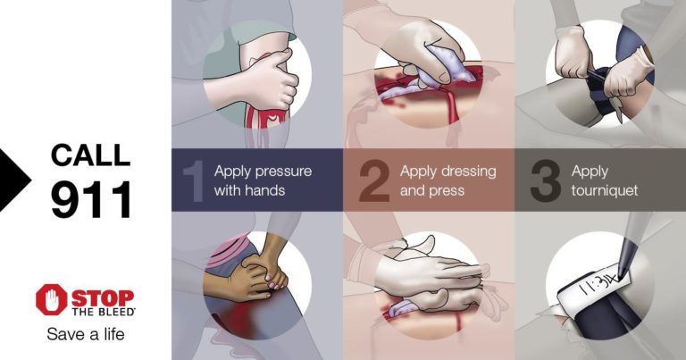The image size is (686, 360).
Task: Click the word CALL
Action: [90, 154]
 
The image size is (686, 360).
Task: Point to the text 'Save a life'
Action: [86, 335]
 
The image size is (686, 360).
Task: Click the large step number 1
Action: [192, 180]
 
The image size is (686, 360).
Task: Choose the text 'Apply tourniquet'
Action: [605, 180]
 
